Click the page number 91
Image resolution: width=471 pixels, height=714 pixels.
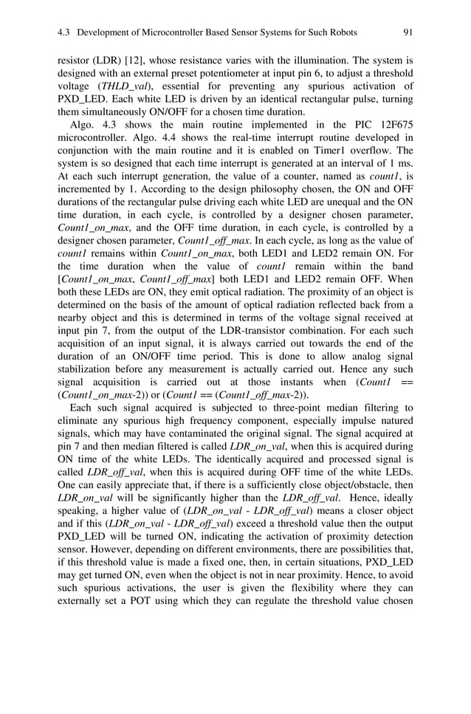(408, 32)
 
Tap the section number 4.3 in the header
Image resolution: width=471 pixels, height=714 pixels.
(64, 32)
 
